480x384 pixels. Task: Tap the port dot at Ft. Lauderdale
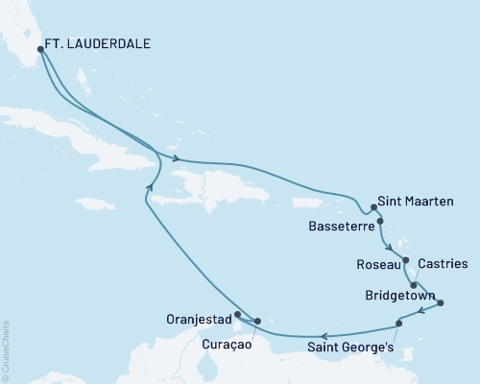pyautogui.click(x=39, y=50)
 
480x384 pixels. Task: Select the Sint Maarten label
pyautogui.click(x=414, y=204)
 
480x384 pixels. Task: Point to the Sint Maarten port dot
pyautogui.click(x=373, y=206)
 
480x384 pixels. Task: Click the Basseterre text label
pyautogui.click(x=341, y=228)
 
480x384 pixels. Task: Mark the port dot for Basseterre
pyautogui.click(x=381, y=222)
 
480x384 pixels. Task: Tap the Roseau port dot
pyautogui.click(x=406, y=260)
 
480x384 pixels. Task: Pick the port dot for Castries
pyautogui.click(x=414, y=285)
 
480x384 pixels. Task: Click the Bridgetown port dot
pyautogui.click(x=441, y=303)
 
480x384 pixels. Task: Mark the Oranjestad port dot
pyautogui.click(x=237, y=313)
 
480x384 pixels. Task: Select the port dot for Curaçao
pyautogui.click(x=256, y=321)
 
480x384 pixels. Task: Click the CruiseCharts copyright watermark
pyautogui.click(x=6, y=350)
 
